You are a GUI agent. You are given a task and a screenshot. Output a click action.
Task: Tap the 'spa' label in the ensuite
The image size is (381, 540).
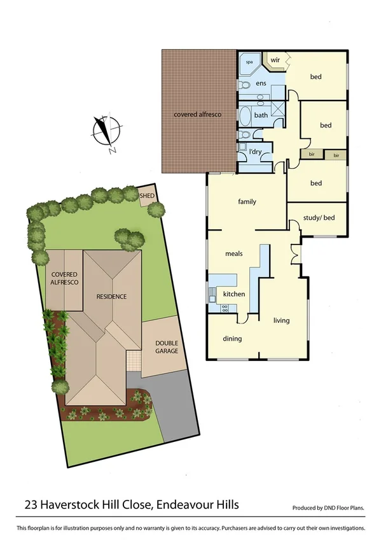point(249,63)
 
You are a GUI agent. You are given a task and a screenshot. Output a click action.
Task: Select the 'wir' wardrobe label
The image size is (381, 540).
point(275,60)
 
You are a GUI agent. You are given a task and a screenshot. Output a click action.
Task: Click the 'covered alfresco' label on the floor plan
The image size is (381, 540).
point(197,115)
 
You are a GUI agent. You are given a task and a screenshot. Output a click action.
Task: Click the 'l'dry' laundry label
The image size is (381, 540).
point(256,151)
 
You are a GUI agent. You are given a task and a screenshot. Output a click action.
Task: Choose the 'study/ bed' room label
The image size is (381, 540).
point(319,218)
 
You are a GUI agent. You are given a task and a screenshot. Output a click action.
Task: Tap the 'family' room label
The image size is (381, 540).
point(247,202)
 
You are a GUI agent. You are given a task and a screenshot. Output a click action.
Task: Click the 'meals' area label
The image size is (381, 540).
point(234,253)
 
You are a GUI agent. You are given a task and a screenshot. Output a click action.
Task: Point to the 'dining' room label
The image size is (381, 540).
point(232,339)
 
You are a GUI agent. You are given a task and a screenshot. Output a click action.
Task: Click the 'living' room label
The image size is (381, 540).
point(282,320)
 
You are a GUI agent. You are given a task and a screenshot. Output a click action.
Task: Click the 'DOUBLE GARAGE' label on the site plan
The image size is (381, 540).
point(167,347)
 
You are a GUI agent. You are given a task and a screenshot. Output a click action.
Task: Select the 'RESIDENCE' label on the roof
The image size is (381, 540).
point(111,296)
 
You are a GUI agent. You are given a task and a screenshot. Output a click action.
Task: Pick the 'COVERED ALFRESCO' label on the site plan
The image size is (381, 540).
point(64,279)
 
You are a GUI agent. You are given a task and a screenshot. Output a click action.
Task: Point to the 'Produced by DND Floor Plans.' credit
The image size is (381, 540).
point(328,508)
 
